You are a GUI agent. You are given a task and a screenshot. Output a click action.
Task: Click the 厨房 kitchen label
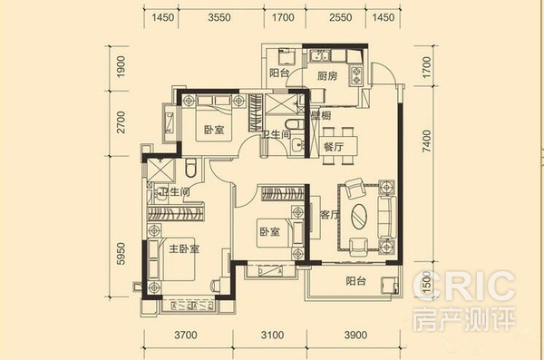(x=327, y=75)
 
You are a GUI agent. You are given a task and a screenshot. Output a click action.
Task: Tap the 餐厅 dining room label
(x=334, y=147)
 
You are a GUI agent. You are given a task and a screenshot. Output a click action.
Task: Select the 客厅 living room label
(x=330, y=215)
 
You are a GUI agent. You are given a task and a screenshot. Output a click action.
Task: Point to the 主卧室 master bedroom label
(x=184, y=248)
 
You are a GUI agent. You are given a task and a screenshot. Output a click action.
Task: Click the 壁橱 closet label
(x=321, y=115)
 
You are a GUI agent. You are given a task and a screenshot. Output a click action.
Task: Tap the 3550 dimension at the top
(x=219, y=17)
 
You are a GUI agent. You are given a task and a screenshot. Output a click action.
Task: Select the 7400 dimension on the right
(x=426, y=141)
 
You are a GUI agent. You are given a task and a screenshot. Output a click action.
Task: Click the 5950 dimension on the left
(x=121, y=254)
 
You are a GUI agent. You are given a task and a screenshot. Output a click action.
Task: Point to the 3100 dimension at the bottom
(x=272, y=335)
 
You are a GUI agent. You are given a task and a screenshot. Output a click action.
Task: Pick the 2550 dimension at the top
(x=341, y=17)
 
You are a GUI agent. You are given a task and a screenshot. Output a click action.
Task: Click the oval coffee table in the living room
(x=359, y=216)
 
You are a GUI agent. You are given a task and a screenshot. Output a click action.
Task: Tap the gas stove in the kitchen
(x=356, y=75)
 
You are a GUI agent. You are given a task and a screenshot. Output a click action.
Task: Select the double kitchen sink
(x=320, y=55)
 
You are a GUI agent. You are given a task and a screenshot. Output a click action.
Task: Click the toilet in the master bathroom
(x=190, y=168)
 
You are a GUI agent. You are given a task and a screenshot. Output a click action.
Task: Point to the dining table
(x=338, y=146)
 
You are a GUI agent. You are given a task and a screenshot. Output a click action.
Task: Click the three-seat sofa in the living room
(x=386, y=217)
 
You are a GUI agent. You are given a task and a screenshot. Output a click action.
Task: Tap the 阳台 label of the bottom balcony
(x=356, y=280)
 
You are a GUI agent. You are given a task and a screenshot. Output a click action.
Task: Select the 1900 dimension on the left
(x=121, y=67)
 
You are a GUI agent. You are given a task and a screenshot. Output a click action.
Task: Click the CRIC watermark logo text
(x=464, y=286)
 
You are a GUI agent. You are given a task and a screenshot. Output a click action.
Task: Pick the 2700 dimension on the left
(x=121, y=122)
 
